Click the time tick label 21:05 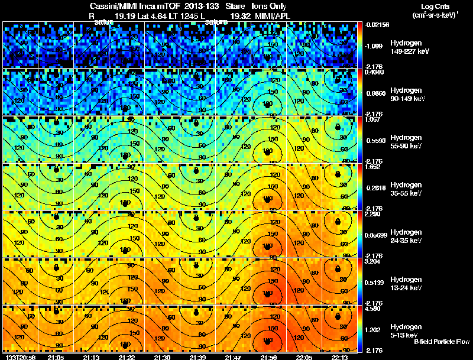coord(56,356)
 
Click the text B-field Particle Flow coord(441,342)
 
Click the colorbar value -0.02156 coord(377,25)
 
